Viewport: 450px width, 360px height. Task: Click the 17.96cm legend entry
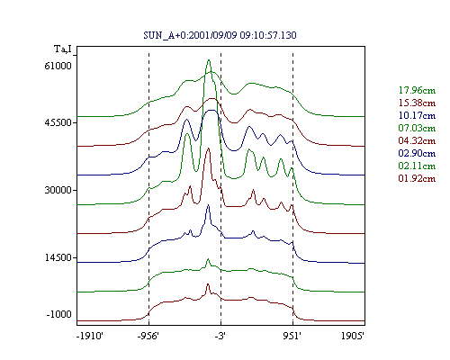(417, 90)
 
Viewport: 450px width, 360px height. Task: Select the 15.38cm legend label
(417, 103)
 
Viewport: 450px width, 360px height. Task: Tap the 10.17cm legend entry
(417, 115)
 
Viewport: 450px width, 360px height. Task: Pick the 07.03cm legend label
(417, 128)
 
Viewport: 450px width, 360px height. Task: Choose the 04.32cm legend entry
(417, 140)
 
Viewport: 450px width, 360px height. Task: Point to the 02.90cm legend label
(417, 153)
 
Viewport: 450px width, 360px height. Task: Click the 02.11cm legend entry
(417, 166)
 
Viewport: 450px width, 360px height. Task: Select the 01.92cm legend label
(417, 178)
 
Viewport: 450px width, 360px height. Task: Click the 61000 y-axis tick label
(58, 66)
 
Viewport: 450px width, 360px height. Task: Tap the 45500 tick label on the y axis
(58, 122)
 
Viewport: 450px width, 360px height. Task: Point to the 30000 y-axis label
(58, 190)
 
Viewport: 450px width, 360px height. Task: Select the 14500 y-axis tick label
(58, 257)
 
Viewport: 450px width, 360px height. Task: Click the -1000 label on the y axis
(59, 314)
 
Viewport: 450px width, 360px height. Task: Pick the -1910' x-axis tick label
(90, 336)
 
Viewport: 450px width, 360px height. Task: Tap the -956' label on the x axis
(148, 336)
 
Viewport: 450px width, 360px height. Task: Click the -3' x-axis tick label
(220, 336)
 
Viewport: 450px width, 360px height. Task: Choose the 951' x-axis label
(292, 336)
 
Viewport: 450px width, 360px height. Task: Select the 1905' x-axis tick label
(353, 336)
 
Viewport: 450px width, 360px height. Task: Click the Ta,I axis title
(63, 49)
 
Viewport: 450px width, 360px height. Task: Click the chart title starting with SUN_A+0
(220, 35)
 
